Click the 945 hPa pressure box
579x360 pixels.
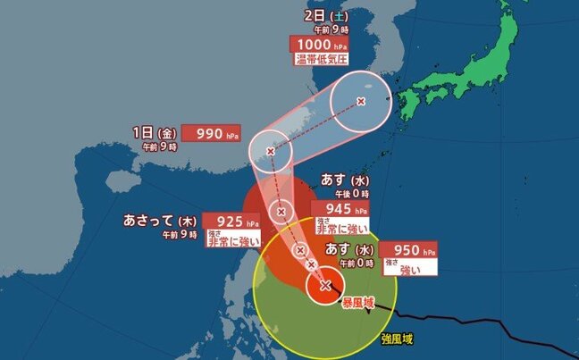(340, 210)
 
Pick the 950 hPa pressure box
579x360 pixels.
(409, 249)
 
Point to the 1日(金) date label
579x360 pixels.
(150, 132)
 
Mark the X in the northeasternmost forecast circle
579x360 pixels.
(361, 102)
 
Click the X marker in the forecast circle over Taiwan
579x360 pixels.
(270, 151)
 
